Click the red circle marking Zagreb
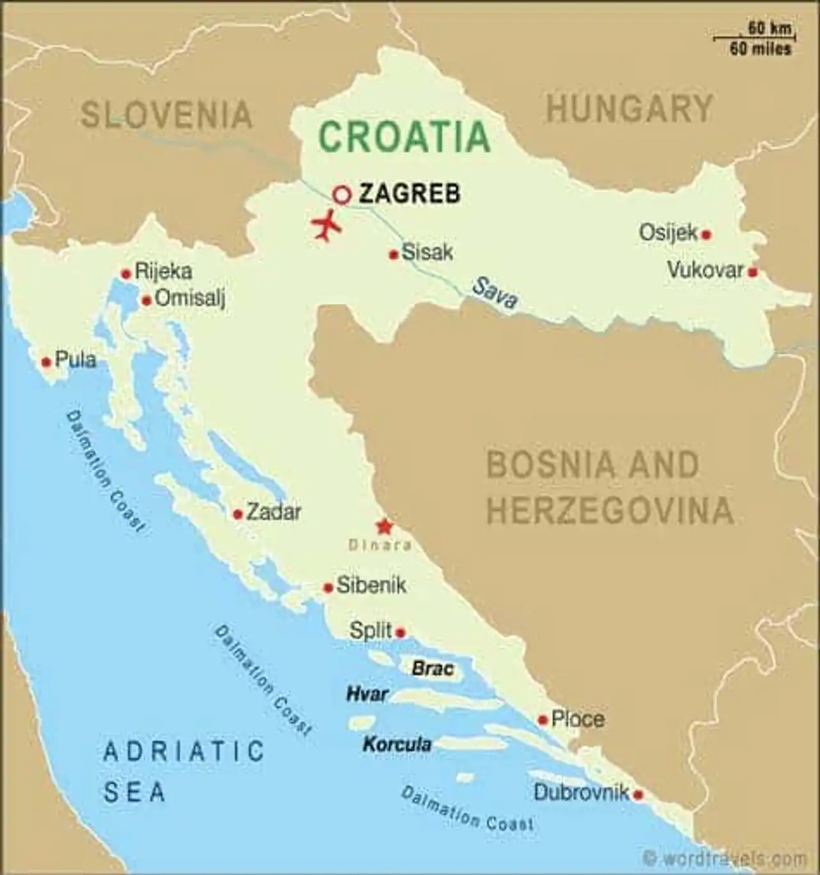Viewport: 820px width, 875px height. pos(343,194)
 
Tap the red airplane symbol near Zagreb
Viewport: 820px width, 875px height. pos(327,225)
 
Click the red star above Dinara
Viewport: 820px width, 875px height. pos(384,527)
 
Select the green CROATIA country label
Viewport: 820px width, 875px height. pos(404,136)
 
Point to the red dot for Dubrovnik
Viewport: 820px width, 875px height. pos(638,795)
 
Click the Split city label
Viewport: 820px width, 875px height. pos(370,630)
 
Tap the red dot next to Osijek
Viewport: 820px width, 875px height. pos(706,234)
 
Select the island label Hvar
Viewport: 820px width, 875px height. pos(367,694)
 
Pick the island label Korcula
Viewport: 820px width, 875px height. pos(397,744)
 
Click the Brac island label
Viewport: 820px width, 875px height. pos(432,669)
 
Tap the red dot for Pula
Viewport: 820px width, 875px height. pos(46,362)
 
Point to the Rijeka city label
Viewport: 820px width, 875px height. pos(163,271)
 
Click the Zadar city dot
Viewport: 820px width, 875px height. pos(238,514)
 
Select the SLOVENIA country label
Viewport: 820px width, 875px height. pos(167,115)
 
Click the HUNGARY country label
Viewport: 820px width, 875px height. pos(629,108)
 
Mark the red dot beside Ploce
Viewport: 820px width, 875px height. pos(543,721)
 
